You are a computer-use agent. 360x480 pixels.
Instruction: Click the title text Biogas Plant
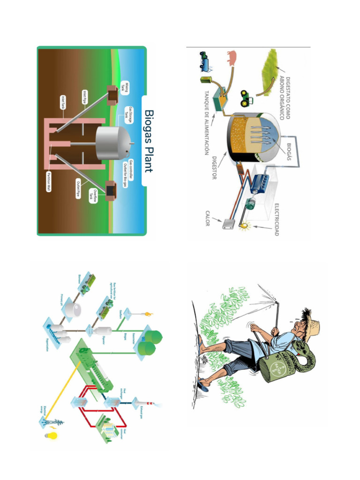149,141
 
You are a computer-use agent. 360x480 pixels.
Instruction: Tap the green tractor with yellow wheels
247,98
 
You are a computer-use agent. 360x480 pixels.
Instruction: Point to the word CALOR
207,218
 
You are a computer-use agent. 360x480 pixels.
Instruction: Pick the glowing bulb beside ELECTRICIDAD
243,226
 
